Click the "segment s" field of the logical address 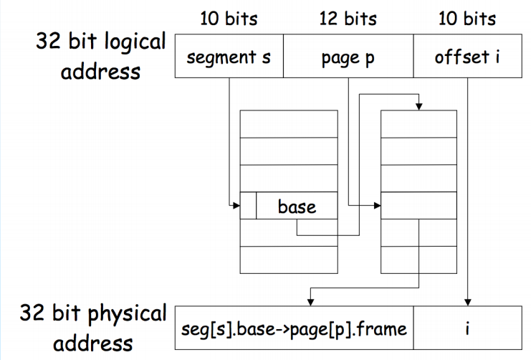point(229,57)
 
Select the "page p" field point(348,57)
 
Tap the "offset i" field point(467,57)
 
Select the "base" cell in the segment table point(296,207)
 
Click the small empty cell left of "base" point(248,207)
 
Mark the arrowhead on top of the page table point(418,107)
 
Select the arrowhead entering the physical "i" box point(468,301)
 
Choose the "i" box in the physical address point(467,329)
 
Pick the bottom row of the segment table point(289,260)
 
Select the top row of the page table point(418,123)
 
